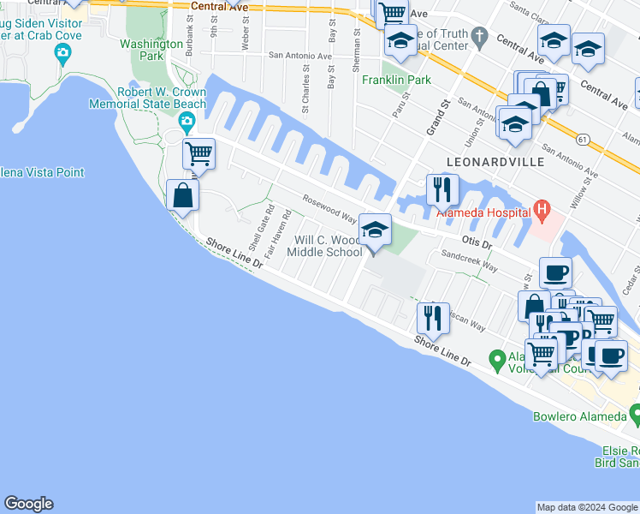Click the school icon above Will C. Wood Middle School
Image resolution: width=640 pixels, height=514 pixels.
374,230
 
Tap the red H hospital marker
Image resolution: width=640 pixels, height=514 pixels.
541,208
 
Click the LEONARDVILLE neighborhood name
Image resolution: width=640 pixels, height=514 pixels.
484,161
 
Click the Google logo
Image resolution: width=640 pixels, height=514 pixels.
28,504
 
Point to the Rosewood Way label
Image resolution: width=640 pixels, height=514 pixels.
329,207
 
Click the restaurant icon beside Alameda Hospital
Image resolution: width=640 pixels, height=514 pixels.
442,189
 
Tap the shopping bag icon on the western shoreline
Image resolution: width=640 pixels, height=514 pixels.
183,195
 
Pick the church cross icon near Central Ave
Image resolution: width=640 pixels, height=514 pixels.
480,37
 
